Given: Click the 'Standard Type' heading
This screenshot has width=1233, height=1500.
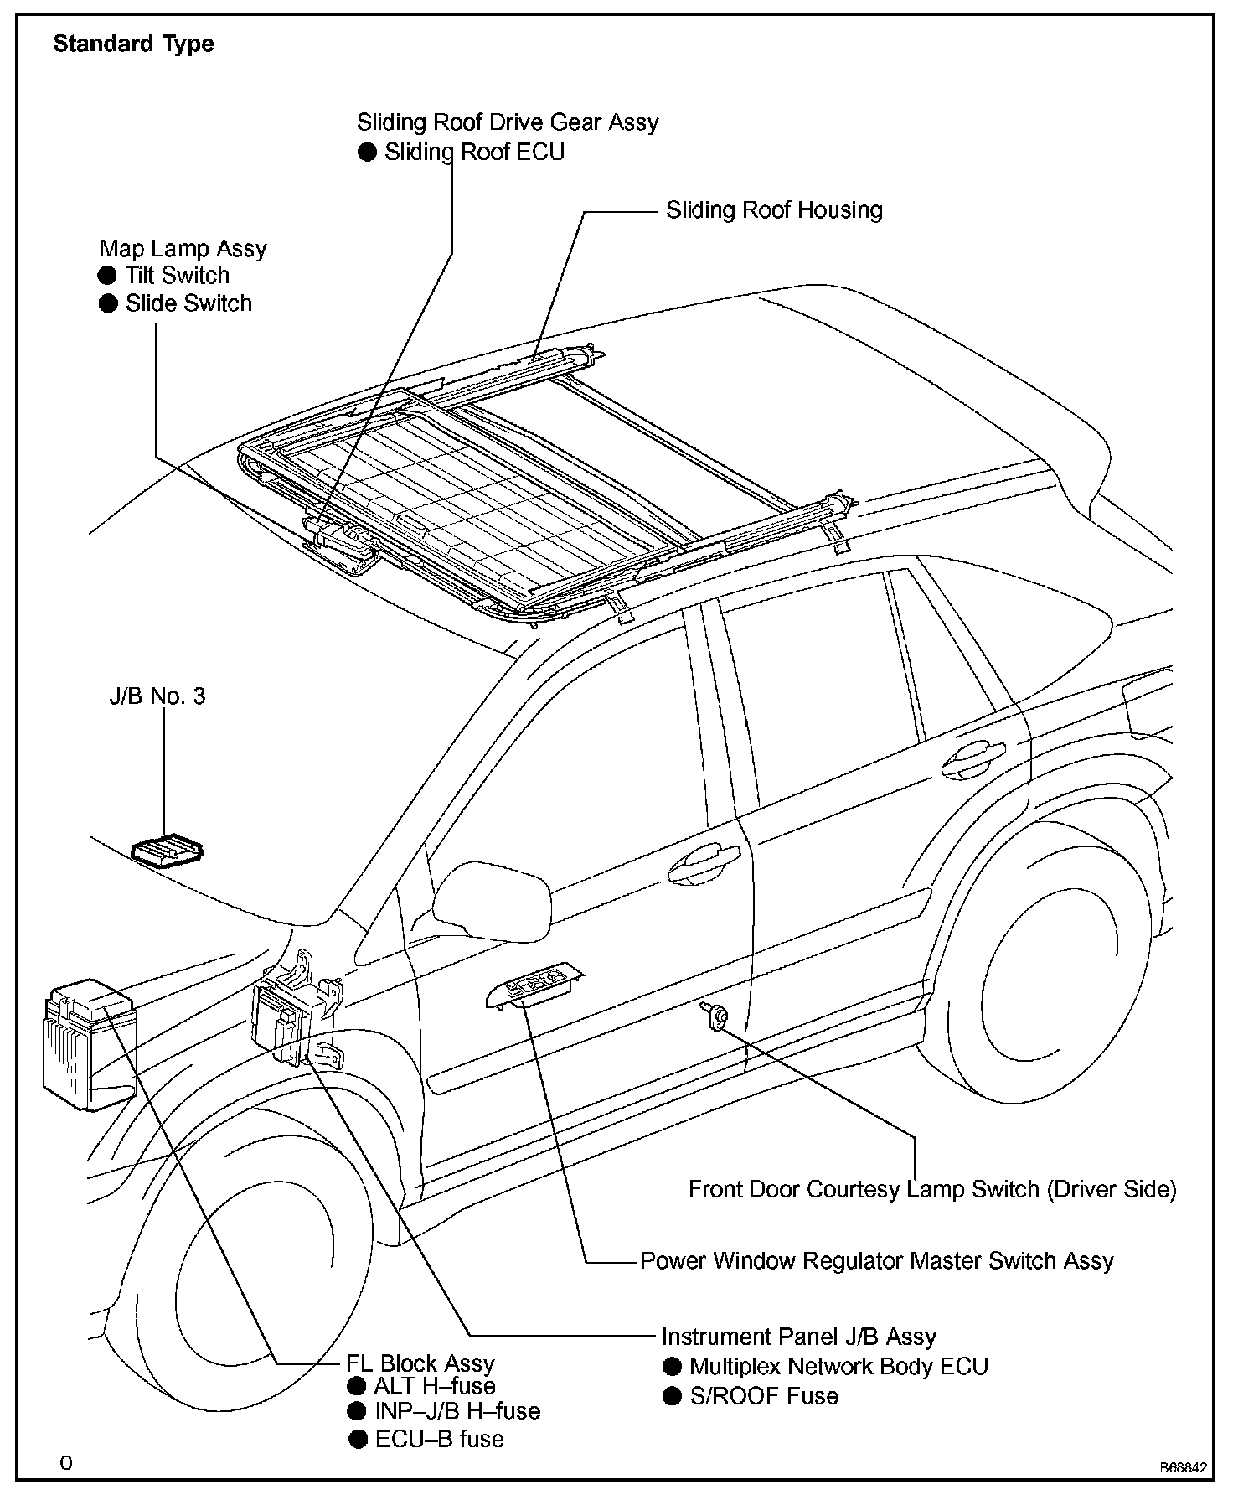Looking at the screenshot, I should click(x=133, y=44).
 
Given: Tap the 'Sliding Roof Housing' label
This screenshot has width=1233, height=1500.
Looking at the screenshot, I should click(x=773, y=209).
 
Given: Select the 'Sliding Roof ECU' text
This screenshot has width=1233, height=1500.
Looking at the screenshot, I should click(x=474, y=152).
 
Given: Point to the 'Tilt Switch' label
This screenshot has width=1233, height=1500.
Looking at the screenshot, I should click(x=177, y=275).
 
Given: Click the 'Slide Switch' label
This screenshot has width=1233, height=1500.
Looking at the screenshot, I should click(x=188, y=303).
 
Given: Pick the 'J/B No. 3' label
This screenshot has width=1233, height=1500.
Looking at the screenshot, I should click(x=157, y=696).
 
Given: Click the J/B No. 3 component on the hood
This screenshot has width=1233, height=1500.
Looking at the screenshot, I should click(x=168, y=850).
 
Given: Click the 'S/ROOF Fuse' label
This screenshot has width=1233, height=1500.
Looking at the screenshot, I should click(x=763, y=1395).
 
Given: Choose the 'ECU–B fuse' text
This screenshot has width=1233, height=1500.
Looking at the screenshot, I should click(x=439, y=1439).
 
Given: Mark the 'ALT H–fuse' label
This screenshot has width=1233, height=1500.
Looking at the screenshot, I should click(x=434, y=1385).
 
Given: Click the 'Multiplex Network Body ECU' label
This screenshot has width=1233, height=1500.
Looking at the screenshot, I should click(x=838, y=1366).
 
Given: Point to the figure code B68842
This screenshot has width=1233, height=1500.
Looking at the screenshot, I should click(x=1183, y=1467).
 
